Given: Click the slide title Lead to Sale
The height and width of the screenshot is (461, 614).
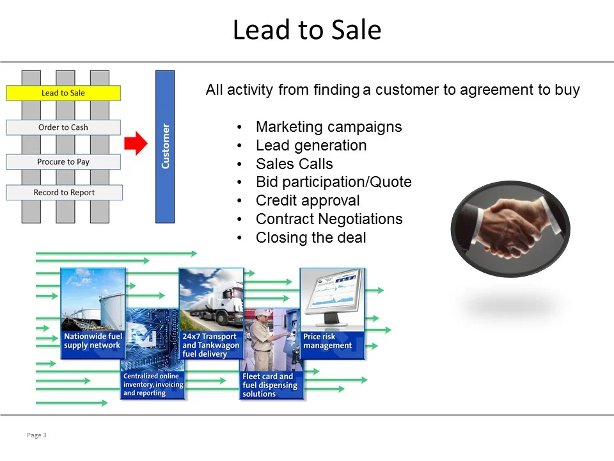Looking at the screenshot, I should click(x=306, y=30).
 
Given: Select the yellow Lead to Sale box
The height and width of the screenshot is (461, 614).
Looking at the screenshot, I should click(x=63, y=93).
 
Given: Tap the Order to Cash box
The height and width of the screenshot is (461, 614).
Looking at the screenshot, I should click(x=63, y=127).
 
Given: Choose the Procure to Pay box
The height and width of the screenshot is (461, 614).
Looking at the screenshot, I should click(x=63, y=162).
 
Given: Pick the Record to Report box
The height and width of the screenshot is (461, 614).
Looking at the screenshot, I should click(x=64, y=193).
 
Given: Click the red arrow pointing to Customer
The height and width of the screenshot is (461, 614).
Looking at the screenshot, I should click(x=136, y=144).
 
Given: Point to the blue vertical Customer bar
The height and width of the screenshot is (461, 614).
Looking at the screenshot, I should click(x=165, y=147).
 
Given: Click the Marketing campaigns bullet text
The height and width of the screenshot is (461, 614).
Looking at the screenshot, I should click(x=329, y=127).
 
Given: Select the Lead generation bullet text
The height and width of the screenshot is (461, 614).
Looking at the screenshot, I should click(x=311, y=145).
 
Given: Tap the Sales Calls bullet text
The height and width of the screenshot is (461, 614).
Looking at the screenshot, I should click(x=294, y=164).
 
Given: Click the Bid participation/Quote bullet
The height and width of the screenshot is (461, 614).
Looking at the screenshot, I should click(x=333, y=182).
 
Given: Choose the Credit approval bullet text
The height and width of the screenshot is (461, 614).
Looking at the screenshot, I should click(x=308, y=200).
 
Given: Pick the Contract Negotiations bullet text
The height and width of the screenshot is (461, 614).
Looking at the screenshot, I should click(x=329, y=219).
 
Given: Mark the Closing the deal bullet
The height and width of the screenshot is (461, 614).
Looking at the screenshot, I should click(x=311, y=238).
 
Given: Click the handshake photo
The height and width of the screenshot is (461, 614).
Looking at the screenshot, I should click(x=510, y=229).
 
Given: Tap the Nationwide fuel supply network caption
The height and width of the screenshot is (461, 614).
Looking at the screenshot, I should click(x=92, y=341).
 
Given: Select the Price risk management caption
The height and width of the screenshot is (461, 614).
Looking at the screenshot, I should click(x=327, y=341).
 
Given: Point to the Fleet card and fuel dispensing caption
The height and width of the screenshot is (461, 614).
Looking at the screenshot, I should click(x=270, y=385).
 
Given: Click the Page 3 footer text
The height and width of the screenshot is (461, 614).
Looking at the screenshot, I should click(x=37, y=435).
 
